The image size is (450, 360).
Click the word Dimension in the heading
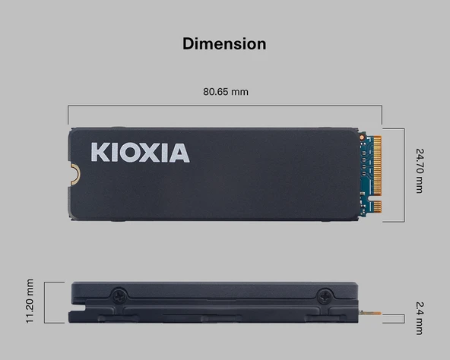click(x=224, y=43)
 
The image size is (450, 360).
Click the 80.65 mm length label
click(x=225, y=92)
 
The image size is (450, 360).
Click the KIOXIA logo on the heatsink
click(x=140, y=152)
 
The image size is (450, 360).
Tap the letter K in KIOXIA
click(x=100, y=152)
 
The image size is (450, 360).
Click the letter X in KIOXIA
click(x=149, y=152)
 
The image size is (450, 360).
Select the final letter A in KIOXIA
click(x=178, y=152)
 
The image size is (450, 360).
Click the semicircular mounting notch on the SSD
click(x=74, y=174)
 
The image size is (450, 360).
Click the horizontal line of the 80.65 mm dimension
click(x=225, y=106)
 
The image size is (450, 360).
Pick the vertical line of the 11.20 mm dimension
click(x=45, y=302)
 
